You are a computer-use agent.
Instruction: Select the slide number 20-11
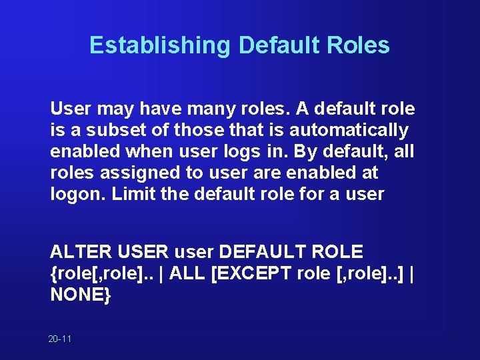click(60, 339)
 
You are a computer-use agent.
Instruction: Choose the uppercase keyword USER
click(143, 252)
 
